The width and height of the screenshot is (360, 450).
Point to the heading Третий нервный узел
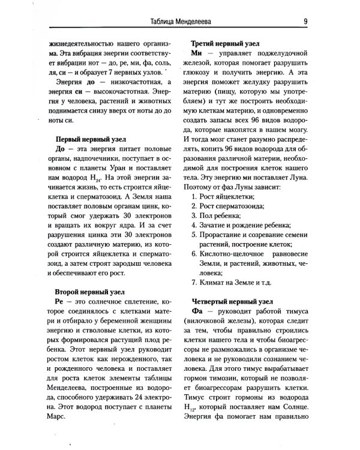coord(224,44)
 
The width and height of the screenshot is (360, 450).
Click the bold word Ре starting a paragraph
coord(59,301)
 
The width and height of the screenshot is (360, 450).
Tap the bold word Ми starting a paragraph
coord(198,54)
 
